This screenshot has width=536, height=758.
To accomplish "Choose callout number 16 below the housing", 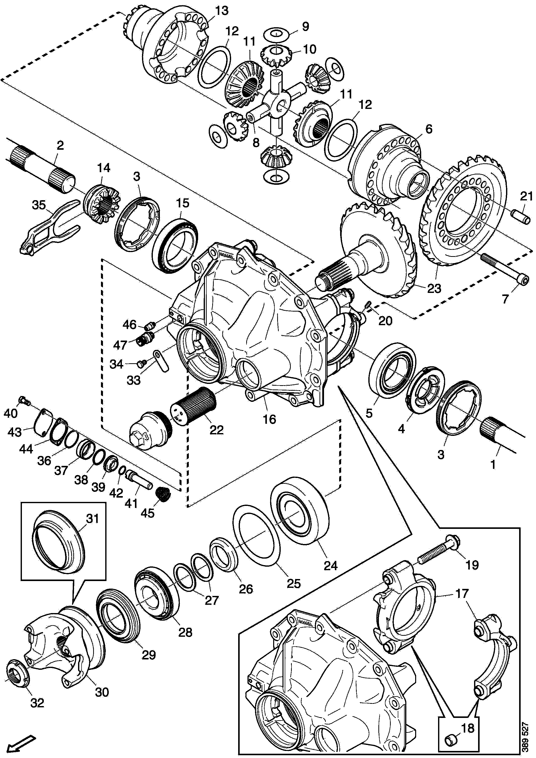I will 269,419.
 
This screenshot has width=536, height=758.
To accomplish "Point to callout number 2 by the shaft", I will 60,146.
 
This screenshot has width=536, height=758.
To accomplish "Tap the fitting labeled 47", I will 144,339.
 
